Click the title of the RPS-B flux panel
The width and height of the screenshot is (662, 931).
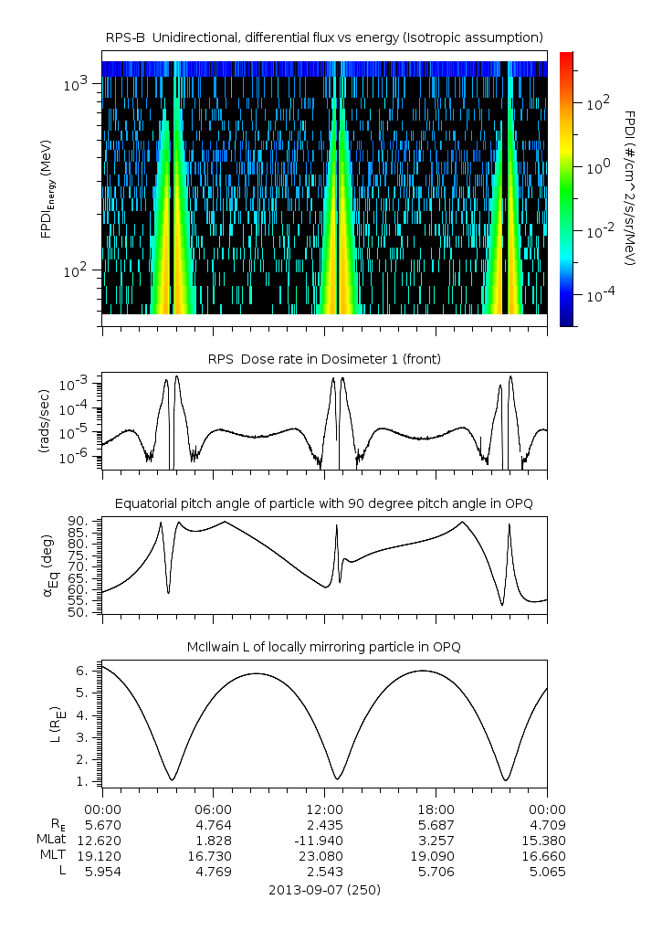pyautogui.click(x=325, y=37)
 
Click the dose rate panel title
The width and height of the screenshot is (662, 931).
pyautogui.click(x=325, y=359)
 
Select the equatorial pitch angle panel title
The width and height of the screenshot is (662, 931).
pyautogui.click(x=325, y=503)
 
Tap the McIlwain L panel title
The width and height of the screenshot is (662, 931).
pyautogui.click(x=325, y=647)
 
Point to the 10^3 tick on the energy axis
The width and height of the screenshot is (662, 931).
pyautogui.click(x=75, y=84)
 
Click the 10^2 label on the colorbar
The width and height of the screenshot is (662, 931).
pyautogui.click(x=598, y=104)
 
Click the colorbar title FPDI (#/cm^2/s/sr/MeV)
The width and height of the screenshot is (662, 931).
pyautogui.click(x=630, y=187)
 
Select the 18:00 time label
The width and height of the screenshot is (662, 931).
pyautogui.click(x=436, y=809)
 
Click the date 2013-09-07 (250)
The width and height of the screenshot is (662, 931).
pyautogui.click(x=325, y=889)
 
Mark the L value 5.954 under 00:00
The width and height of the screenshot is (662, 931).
pyautogui.click(x=102, y=872)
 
